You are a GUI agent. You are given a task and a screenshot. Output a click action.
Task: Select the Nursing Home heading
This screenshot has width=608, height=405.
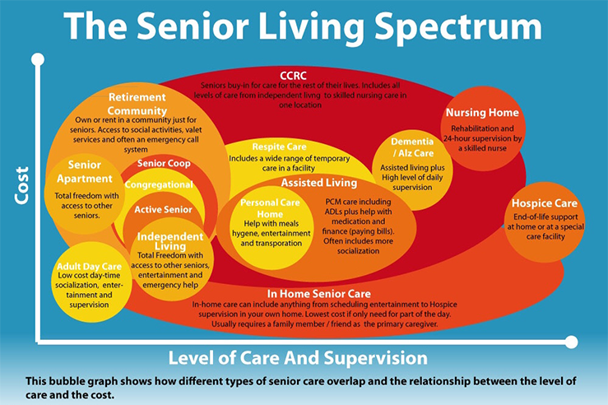[x=482, y=112]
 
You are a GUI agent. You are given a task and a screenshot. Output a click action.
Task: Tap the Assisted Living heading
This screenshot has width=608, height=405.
[x=319, y=182]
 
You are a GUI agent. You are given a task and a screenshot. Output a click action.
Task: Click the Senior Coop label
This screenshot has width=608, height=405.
[x=164, y=163]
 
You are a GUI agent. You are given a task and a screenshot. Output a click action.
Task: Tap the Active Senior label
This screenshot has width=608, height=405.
[x=163, y=209]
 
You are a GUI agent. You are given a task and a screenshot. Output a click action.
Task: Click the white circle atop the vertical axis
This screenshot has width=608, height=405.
[x=37, y=59]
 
